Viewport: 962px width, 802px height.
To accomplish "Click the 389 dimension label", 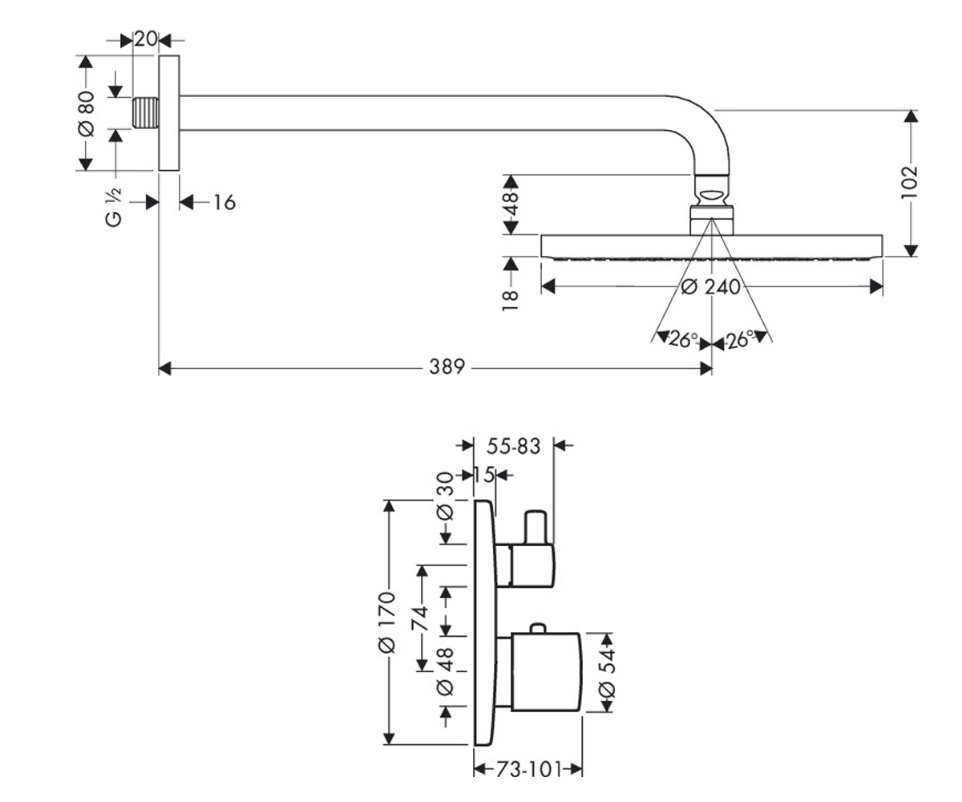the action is pyautogui.click(x=447, y=367).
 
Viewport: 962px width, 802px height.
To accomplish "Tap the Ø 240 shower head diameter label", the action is pyautogui.click(x=710, y=286).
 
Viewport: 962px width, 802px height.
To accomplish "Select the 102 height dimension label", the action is pyautogui.click(x=909, y=183).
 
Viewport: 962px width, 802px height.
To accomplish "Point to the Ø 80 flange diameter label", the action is pyautogui.click(x=86, y=114).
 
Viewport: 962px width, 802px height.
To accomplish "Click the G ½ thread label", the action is pyautogui.click(x=113, y=207).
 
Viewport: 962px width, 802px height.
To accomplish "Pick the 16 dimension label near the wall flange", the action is pyautogui.click(x=224, y=202).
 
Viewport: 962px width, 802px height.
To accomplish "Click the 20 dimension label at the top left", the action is pyautogui.click(x=146, y=39).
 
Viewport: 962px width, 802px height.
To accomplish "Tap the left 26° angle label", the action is pyautogui.click(x=683, y=339).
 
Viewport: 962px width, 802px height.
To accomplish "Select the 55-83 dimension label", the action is pyautogui.click(x=513, y=446).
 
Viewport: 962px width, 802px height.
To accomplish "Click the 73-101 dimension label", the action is pyautogui.click(x=529, y=769).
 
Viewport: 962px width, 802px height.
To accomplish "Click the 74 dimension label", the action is pyautogui.click(x=420, y=618).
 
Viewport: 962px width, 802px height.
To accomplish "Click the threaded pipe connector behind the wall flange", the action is pyautogui.click(x=146, y=113).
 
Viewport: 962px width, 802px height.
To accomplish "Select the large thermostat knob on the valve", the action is pyautogui.click(x=546, y=671).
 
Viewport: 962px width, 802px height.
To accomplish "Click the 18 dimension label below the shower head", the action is pyautogui.click(x=510, y=301).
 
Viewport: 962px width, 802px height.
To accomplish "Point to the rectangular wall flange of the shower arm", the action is pyautogui.click(x=169, y=113).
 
